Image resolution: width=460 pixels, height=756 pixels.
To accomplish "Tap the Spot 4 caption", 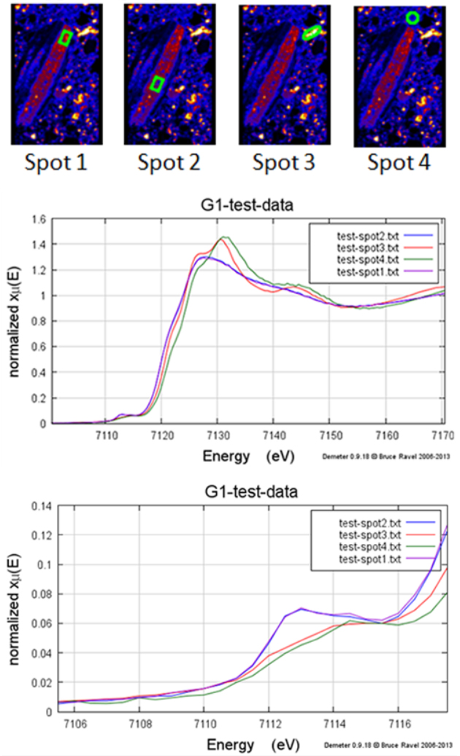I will pyautogui.click(x=399, y=162).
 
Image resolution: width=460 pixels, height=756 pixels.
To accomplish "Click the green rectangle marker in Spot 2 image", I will pyautogui.click(x=156, y=84).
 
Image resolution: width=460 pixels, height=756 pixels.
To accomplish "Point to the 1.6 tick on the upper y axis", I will pyautogui.click(x=37, y=220).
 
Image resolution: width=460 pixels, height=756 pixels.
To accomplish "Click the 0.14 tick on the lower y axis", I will pyautogui.click(x=36, y=506).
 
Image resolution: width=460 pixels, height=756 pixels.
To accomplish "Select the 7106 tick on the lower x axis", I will pyautogui.click(x=75, y=722).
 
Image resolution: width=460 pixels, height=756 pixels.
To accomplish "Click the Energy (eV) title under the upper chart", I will pyautogui.click(x=250, y=455).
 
